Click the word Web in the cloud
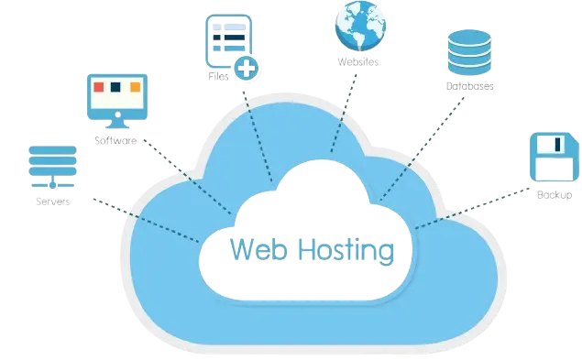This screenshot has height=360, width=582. click(x=250, y=248)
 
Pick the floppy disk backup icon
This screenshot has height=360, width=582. click(x=554, y=160)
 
